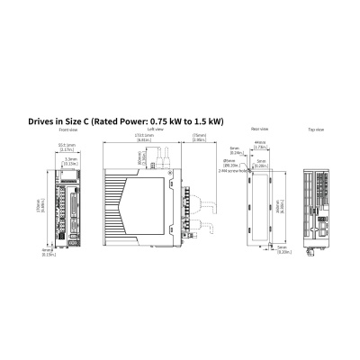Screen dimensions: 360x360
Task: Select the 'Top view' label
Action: (x=316, y=130)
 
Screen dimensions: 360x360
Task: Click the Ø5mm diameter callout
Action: (x=232, y=163)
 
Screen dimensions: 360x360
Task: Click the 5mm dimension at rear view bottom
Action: (x=282, y=248)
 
